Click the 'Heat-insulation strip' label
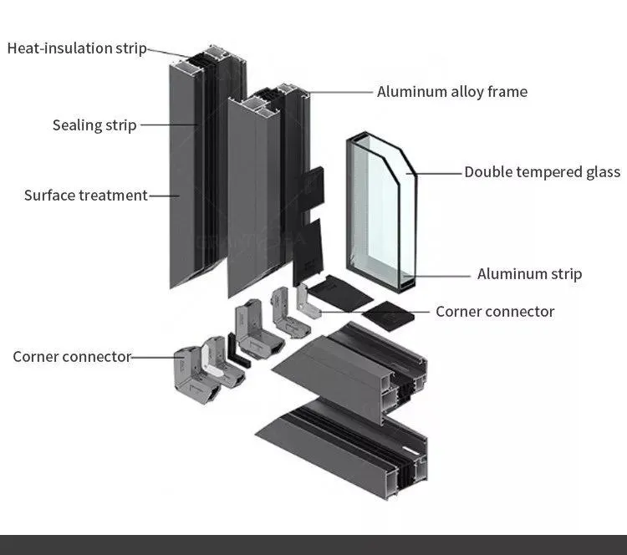point(76,48)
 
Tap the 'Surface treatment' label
point(85,196)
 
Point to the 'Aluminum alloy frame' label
point(451,92)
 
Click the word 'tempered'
point(542,172)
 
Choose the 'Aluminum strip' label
point(529,274)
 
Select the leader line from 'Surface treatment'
point(164,196)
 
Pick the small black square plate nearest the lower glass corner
point(390,315)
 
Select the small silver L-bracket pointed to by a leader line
point(309,303)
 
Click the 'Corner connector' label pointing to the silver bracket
point(495,312)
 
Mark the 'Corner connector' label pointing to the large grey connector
point(72,357)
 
